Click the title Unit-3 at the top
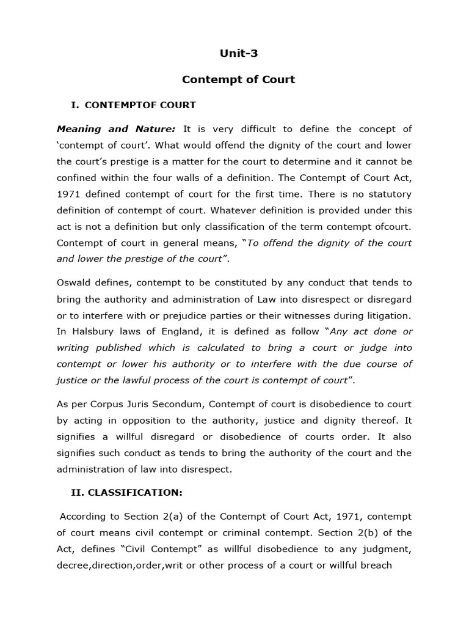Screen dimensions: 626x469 [x=239, y=53]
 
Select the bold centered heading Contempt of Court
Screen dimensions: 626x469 [x=239, y=79]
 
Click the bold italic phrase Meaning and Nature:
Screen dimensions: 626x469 [x=116, y=129]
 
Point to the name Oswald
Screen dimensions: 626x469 [x=74, y=282]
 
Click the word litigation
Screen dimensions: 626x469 [x=386, y=315]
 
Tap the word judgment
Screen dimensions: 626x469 [x=387, y=549]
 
